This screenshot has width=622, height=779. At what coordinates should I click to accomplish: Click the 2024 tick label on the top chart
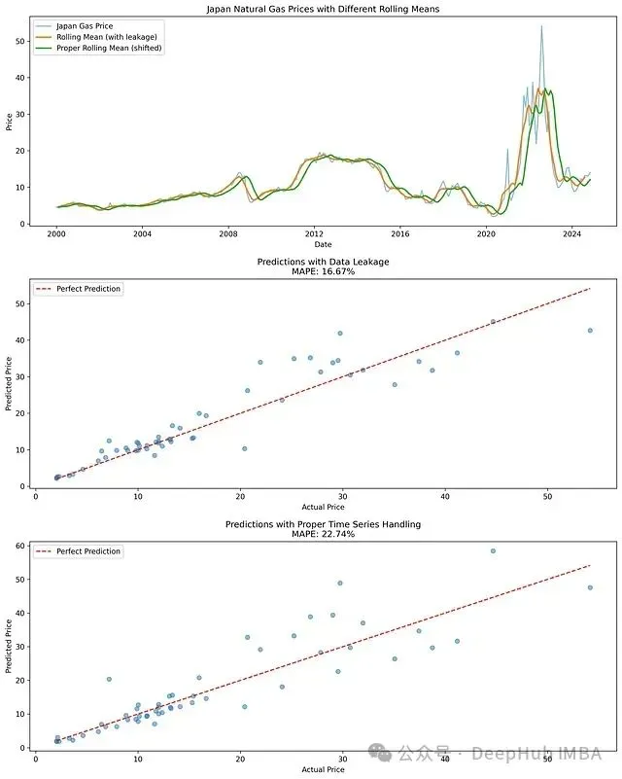(x=571, y=234)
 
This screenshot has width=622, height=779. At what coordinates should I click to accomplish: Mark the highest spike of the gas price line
(x=541, y=26)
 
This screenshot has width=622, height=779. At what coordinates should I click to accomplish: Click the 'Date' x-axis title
(x=324, y=245)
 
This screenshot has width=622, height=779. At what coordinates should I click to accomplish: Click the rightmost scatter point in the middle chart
(x=590, y=331)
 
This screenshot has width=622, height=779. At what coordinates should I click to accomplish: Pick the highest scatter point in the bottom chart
(x=493, y=550)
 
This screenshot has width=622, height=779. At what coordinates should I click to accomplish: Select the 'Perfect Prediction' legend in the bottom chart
(x=88, y=551)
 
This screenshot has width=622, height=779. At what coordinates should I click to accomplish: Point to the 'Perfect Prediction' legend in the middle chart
(x=88, y=289)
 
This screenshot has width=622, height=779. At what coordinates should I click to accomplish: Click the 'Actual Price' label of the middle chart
(x=324, y=507)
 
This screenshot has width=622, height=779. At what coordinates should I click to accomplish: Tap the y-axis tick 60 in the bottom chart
(x=20, y=547)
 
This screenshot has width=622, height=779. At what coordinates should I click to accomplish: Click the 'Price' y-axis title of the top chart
(x=9, y=122)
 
